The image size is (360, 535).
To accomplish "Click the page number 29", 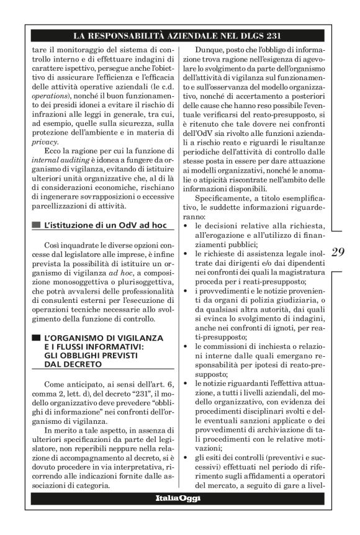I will tap(338, 253).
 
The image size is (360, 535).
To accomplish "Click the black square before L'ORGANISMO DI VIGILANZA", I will tap(35, 338).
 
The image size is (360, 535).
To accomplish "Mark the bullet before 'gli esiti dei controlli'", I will tap(188, 457).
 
